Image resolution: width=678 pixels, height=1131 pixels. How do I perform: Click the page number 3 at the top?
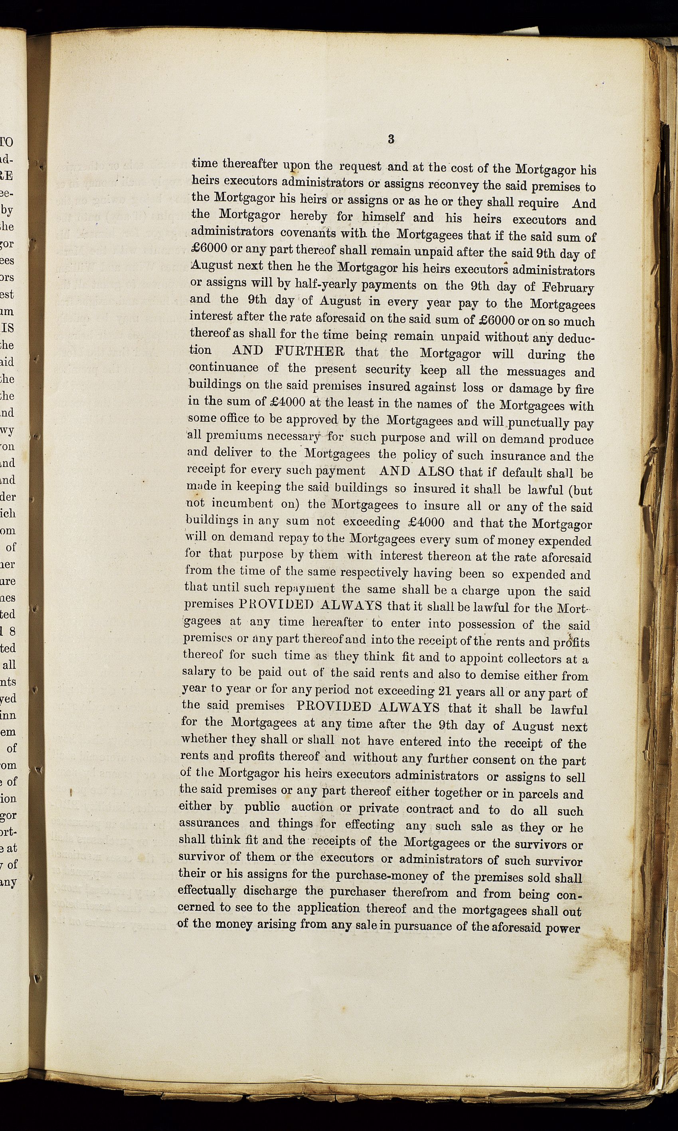pyautogui.click(x=391, y=140)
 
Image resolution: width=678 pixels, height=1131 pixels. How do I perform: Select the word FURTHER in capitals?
pyautogui.click(x=310, y=352)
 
